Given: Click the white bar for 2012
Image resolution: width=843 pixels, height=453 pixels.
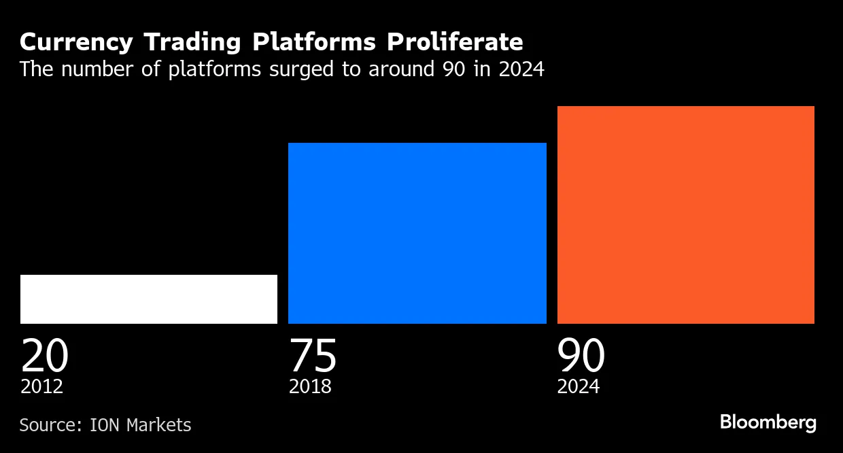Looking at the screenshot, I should point(149,299).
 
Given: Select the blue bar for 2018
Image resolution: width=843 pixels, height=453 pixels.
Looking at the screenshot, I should point(417,233).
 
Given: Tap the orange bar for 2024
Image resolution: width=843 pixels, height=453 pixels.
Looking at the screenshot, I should point(685,215).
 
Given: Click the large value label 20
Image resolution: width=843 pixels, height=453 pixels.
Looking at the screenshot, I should point(45,355).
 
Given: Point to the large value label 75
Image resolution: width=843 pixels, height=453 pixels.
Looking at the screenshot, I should point(313,355).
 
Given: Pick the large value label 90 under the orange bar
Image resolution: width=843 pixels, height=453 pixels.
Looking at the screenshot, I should point(581,355).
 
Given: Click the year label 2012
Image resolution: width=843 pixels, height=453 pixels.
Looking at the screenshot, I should point(41,387).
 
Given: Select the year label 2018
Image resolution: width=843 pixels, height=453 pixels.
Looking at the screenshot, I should point(310,387).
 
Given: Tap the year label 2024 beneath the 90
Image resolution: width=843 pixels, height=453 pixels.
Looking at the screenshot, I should point(579,387).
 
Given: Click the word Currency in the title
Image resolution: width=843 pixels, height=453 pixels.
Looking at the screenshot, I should point(76,43).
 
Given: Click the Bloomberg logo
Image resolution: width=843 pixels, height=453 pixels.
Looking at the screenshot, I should point(768,422).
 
